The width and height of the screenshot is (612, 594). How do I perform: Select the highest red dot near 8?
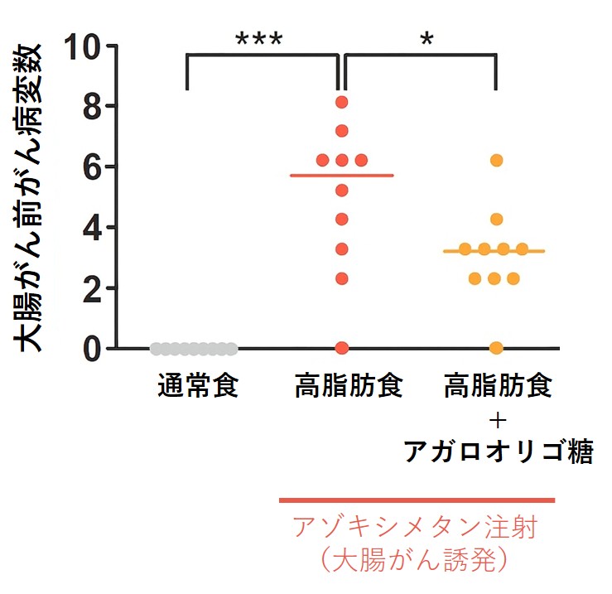coord(341,103)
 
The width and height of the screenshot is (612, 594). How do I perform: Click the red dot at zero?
coord(341,348)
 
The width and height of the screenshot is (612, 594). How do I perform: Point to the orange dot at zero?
coord(496,348)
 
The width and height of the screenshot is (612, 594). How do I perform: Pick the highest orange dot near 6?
coord(496,161)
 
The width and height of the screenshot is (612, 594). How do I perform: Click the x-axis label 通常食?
coord(199,386)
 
